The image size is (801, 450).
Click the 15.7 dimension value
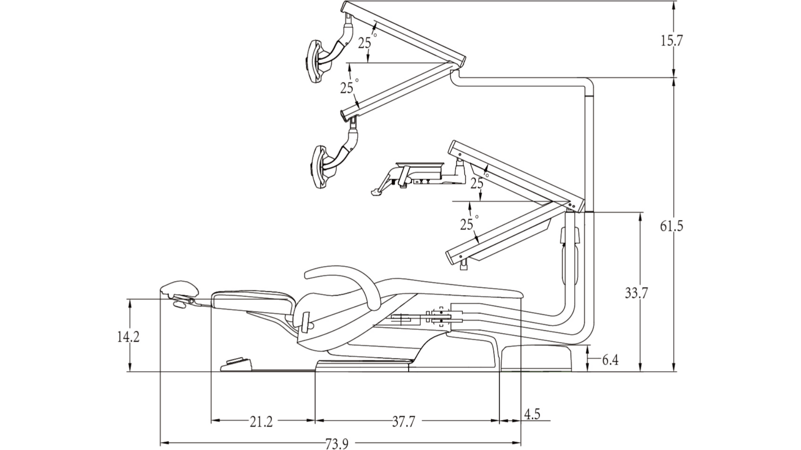(671, 41)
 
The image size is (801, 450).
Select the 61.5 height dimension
(671, 226)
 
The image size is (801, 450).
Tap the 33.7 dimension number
(636, 293)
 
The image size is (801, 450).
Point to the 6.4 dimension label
(610, 360)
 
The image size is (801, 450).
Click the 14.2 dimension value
(128, 337)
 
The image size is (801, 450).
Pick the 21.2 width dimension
(261, 422)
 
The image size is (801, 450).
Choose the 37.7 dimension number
(403, 422)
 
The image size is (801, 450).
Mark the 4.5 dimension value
(532, 414)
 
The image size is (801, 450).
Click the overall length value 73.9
(337, 444)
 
